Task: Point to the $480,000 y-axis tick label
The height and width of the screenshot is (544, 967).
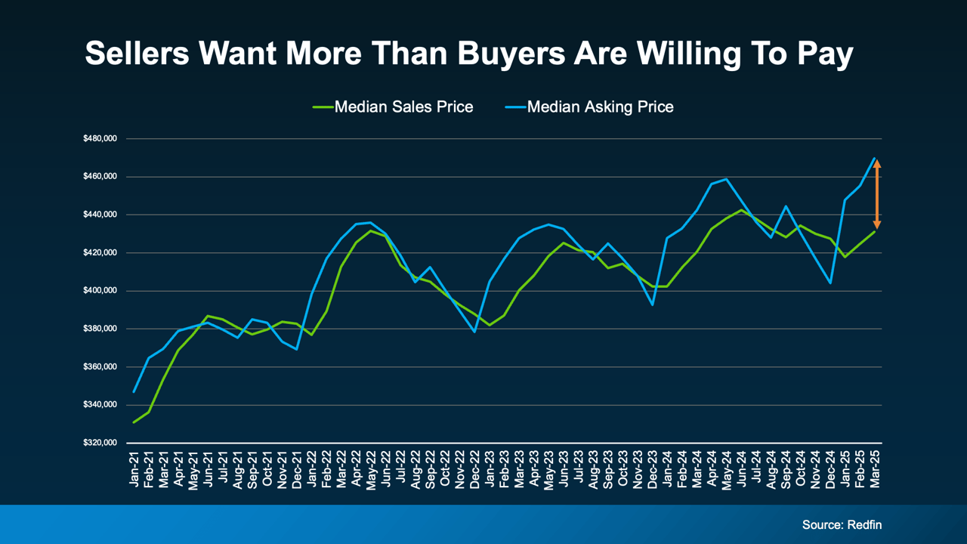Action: click(100, 139)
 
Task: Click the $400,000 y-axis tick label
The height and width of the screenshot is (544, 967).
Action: click(100, 291)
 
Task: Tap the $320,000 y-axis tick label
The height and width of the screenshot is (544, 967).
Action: click(100, 443)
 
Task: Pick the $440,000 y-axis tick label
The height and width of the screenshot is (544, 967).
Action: click(100, 215)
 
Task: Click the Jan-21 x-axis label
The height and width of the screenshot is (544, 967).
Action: click(134, 471)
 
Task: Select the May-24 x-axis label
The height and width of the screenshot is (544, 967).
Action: click(727, 471)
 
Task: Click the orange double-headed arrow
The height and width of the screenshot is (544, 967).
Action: click(877, 194)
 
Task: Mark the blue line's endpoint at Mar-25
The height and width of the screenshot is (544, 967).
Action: click(875, 159)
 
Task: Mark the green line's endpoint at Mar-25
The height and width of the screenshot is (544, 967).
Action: click(875, 231)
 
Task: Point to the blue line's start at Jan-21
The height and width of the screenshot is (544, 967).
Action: click(134, 391)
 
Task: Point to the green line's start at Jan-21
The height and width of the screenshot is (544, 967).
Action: click(134, 422)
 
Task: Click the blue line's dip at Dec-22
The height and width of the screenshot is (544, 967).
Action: click(474, 332)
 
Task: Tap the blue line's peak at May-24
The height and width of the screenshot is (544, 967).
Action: click(726, 179)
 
